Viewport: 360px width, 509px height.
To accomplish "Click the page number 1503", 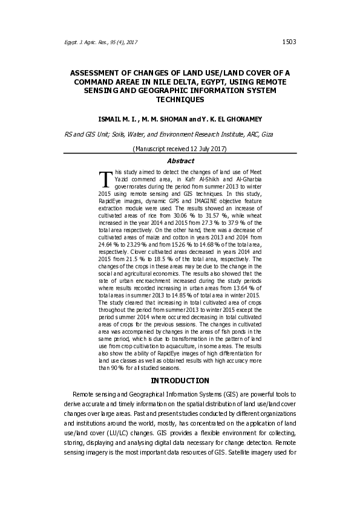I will (288, 42).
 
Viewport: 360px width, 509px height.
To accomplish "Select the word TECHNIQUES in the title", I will (180, 99).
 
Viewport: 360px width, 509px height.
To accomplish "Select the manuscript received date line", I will (180, 149).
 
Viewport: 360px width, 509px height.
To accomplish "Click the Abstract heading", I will (180, 161).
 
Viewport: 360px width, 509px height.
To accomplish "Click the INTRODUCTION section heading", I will (180, 381).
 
